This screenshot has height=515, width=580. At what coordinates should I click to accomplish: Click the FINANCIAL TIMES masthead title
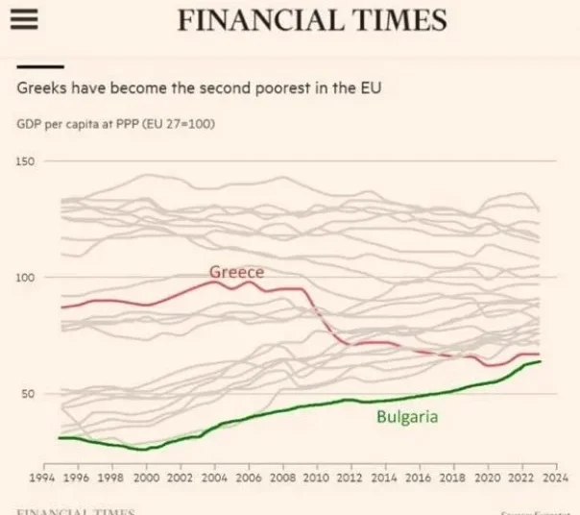[312, 20]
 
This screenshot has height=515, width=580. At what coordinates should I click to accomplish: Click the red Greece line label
[236, 272]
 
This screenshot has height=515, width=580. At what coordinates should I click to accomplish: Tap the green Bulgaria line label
[407, 417]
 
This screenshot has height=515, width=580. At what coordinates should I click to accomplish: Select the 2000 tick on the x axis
[146, 477]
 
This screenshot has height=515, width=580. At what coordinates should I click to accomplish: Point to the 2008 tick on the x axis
[282, 477]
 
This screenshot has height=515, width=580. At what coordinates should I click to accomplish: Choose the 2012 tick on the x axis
[350, 477]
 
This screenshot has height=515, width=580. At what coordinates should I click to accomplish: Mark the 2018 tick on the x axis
[452, 477]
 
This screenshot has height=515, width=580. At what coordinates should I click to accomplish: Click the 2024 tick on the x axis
[554, 477]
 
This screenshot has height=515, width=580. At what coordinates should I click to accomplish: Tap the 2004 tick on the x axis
[214, 477]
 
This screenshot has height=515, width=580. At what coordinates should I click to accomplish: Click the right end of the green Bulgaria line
[540, 361]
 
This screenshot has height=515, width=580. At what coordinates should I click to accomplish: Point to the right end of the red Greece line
[539, 355]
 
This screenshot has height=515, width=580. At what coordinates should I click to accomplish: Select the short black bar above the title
[40, 67]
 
